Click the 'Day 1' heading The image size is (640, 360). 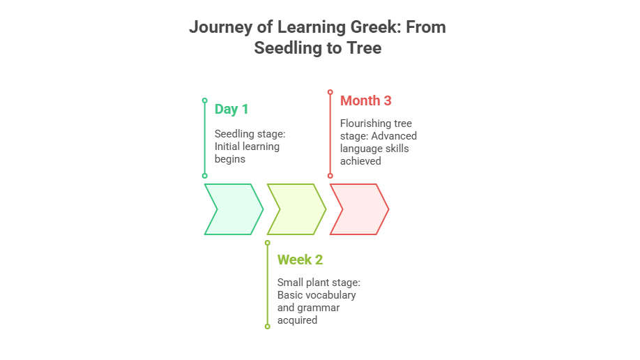231,109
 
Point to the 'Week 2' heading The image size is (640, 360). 300,260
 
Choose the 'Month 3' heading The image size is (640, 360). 366,100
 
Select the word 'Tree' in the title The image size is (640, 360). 365,48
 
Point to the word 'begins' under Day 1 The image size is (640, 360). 230,159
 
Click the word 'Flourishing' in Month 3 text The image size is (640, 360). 365,123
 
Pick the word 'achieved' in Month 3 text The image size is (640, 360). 360,161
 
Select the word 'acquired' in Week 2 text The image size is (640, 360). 297,320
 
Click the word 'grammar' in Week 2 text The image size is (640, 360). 319,308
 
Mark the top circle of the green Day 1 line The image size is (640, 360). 205,100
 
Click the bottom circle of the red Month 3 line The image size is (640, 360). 330,176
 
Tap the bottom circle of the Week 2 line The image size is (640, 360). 267,327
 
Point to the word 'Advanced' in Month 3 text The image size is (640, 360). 394,135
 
